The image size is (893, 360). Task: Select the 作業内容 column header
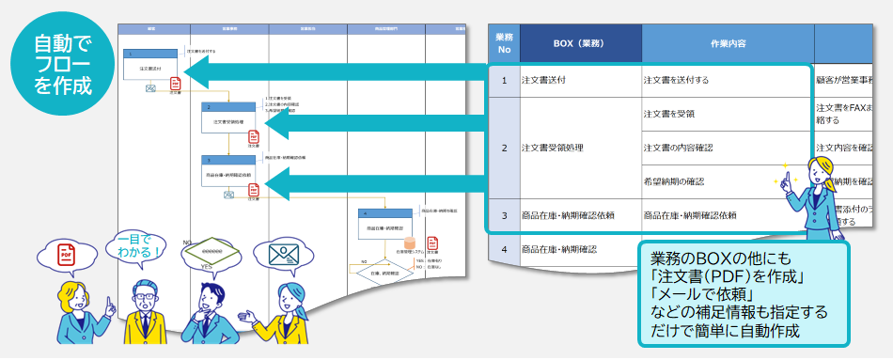[728, 43]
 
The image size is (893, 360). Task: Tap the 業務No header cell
[504, 43]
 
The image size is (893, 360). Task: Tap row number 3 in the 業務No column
[504, 215]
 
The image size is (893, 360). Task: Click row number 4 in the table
[504, 249]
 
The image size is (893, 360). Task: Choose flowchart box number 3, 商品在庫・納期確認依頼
[228, 170]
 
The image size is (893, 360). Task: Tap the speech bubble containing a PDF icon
[65, 255]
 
